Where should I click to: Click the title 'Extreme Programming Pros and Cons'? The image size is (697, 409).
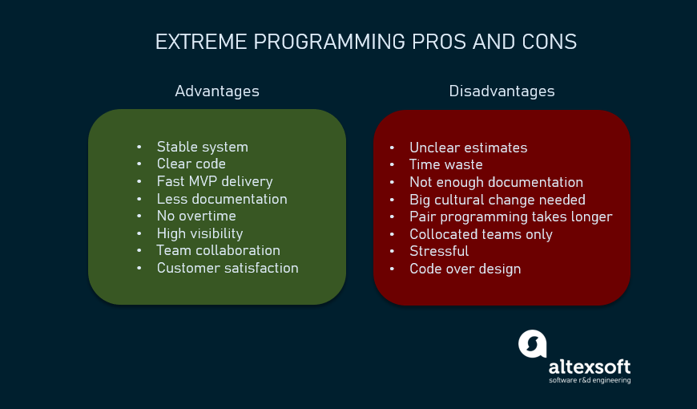point(365,43)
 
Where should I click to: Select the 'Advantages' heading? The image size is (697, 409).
point(217,91)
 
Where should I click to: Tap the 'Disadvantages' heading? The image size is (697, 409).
point(502,91)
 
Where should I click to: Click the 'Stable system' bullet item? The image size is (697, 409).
point(202,147)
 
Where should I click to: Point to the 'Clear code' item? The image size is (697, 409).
point(191,164)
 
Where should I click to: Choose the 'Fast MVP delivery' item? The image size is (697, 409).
point(215,181)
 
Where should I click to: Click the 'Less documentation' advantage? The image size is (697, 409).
point(221,199)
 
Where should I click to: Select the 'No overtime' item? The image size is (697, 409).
point(196,216)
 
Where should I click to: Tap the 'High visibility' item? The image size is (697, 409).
point(199,233)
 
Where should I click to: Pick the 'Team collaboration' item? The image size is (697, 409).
point(218,250)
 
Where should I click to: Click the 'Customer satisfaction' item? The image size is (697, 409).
point(228,268)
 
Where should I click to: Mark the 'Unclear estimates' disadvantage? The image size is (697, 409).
point(468,148)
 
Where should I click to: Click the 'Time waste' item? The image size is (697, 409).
point(445,164)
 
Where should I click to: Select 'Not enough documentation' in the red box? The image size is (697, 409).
point(496,182)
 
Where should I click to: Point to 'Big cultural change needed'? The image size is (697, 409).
point(497,200)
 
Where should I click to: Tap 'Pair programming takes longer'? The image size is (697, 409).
point(510,217)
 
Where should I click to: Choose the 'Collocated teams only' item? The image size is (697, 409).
point(481,234)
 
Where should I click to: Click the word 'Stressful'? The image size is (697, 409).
point(439,251)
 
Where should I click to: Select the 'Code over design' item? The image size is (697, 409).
point(465,269)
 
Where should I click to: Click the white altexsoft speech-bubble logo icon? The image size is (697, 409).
point(533,343)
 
